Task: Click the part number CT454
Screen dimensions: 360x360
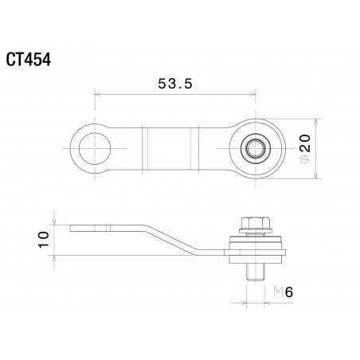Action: (x=29, y=60)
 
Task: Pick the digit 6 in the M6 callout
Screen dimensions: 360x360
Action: (x=289, y=292)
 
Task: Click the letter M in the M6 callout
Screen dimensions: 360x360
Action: (x=277, y=292)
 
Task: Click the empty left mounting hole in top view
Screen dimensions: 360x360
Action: (x=96, y=148)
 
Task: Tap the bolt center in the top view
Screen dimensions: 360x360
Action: (x=256, y=148)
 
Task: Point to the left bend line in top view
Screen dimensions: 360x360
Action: (x=145, y=148)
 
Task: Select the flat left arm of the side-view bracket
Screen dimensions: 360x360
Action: (x=108, y=228)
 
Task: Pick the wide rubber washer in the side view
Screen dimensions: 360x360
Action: (x=256, y=246)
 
